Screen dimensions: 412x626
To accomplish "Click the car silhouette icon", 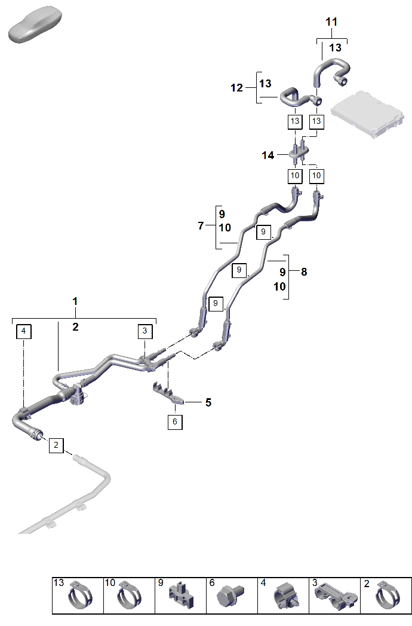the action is pyautogui.click(x=35, y=25).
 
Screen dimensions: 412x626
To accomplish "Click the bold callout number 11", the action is pyautogui.click(x=331, y=22).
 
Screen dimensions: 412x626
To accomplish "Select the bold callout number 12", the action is pyautogui.click(x=236, y=87).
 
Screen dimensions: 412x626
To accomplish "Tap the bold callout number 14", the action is pyautogui.click(x=268, y=155).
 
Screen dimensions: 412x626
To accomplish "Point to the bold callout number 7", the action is pyautogui.click(x=201, y=226).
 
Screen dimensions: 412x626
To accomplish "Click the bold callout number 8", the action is pyautogui.click(x=304, y=272).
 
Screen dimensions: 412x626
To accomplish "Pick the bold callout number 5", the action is pyautogui.click(x=208, y=402).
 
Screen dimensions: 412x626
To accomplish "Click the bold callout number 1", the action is pyautogui.click(x=75, y=301).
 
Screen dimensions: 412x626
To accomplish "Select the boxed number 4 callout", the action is pyautogui.click(x=23, y=331).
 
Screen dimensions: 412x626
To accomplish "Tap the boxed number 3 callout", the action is pyautogui.click(x=144, y=331).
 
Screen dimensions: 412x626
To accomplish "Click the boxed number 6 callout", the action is pyautogui.click(x=175, y=422).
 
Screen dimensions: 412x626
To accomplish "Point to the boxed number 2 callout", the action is pyautogui.click(x=56, y=445).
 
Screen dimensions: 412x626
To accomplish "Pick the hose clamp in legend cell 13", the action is pyautogui.click(x=81, y=596).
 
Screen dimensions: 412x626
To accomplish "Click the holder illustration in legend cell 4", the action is pyautogui.click(x=286, y=596).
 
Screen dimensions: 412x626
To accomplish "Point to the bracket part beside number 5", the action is pyautogui.click(x=168, y=393).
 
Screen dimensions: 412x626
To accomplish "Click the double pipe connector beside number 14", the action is pyautogui.click(x=299, y=152).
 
